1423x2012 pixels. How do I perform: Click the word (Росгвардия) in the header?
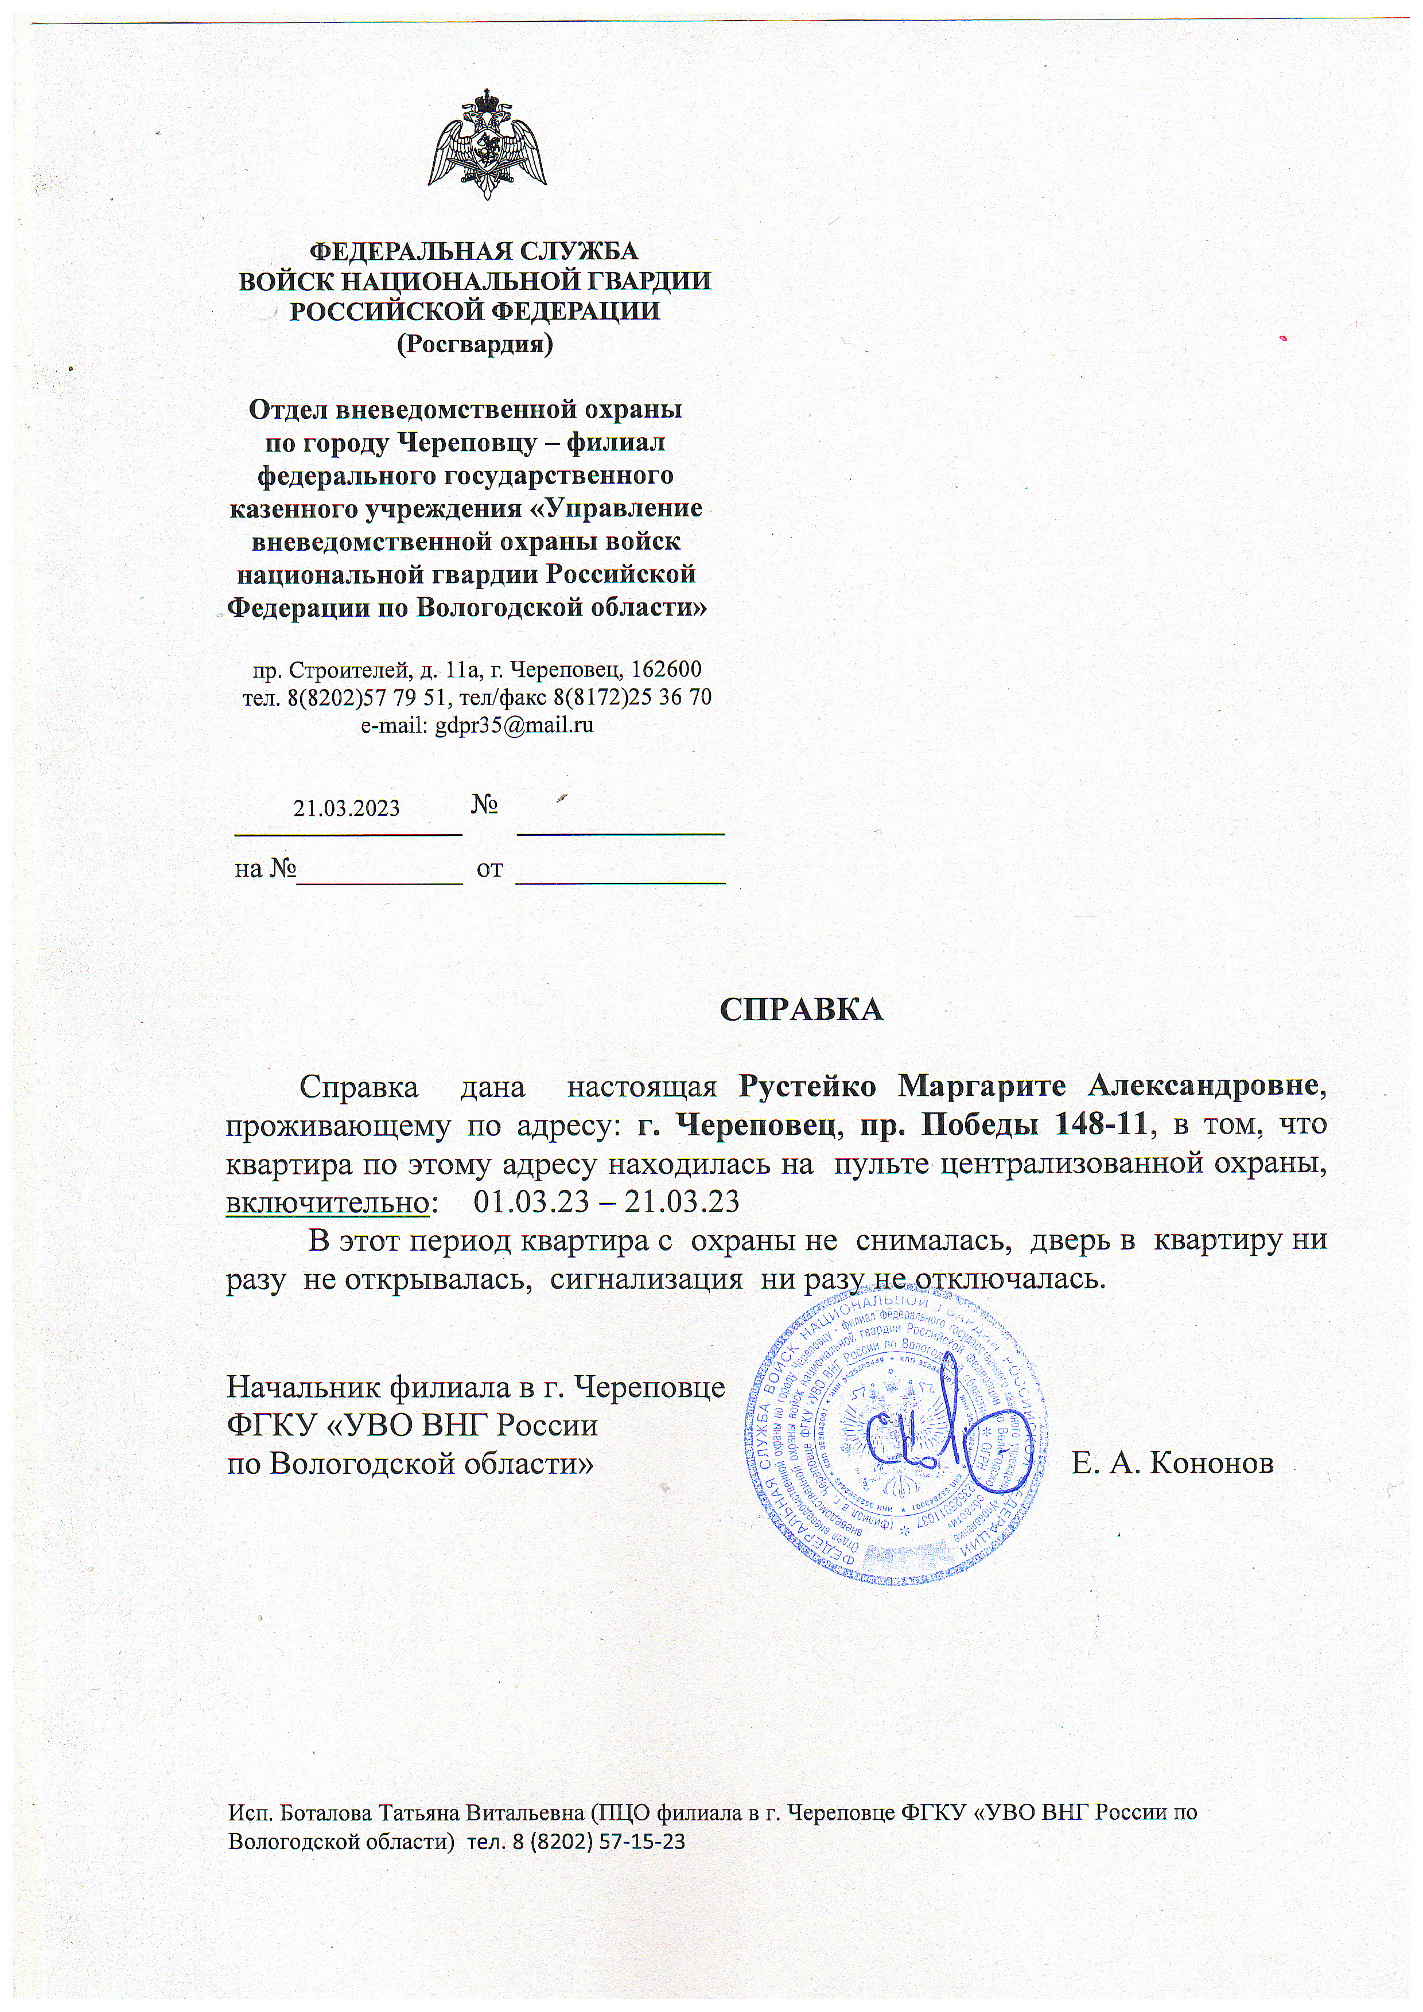(x=475, y=344)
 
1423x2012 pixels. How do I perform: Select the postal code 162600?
(x=666, y=670)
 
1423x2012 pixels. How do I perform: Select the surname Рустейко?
(x=807, y=1085)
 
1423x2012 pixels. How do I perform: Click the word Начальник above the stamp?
(x=304, y=1387)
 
